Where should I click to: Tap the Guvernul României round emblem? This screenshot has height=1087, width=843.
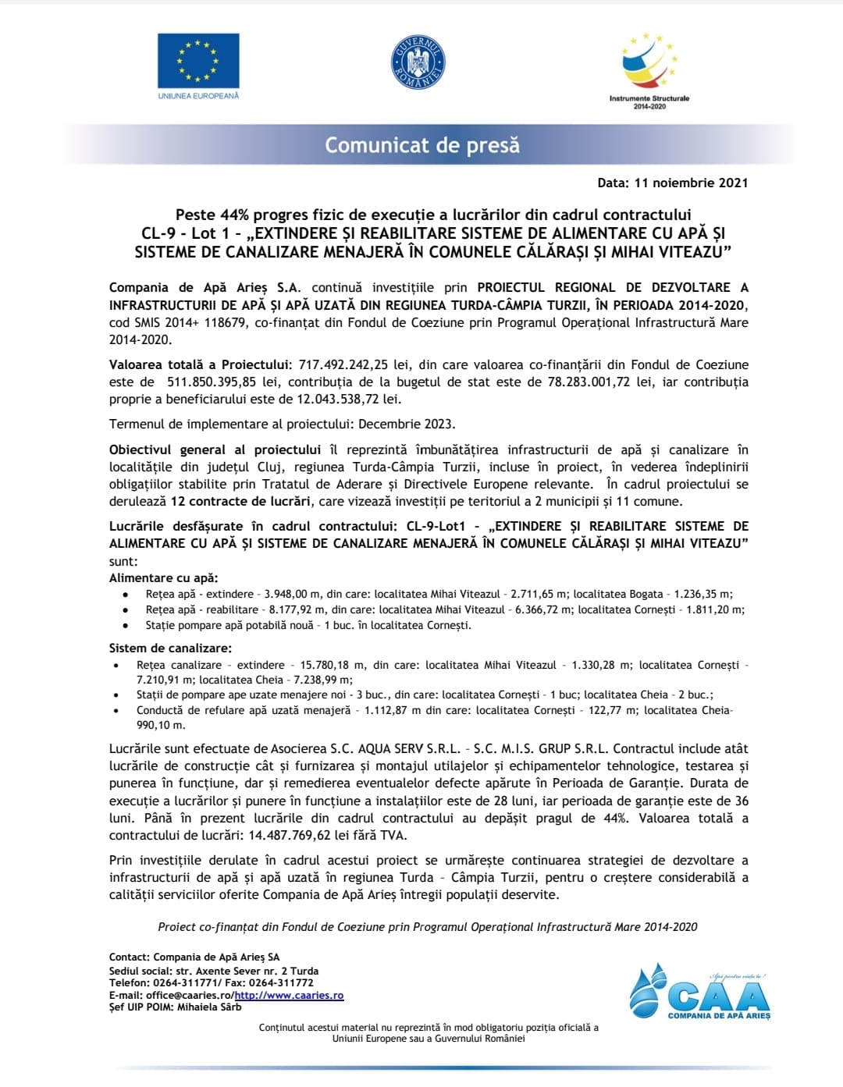pyautogui.click(x=418, y=62)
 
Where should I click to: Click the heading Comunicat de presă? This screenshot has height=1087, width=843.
pyautogui.click(x=421, y=145)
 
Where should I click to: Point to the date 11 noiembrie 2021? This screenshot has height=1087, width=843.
pyautogui.click(x=691, y=183)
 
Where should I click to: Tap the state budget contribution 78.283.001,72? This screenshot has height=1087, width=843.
pyautogui.click(x=577, y=382)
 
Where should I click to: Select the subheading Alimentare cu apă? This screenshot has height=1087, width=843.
pyautogui.click(x=164, y=578)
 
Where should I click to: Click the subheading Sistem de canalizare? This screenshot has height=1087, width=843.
pyautogui.click(x=170, y=648)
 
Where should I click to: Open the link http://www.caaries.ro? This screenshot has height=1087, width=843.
pyautogui.click(x=289, y=995)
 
